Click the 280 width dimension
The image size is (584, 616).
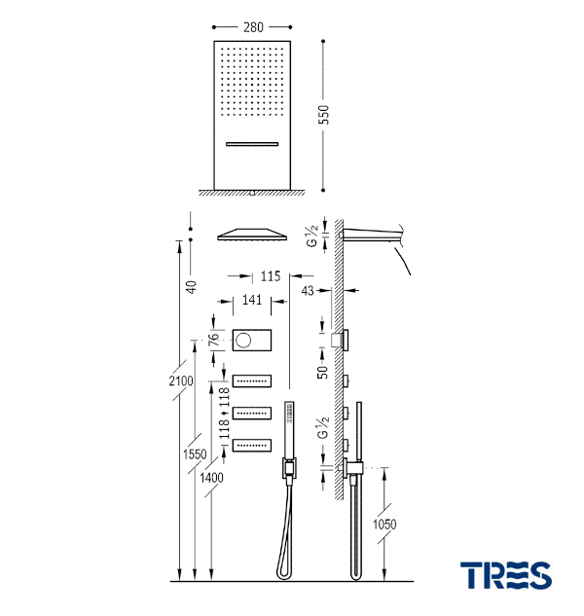coord(253,27)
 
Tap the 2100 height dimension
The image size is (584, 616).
coord(181,380)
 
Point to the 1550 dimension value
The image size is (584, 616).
coord(195,454)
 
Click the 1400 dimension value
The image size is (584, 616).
coord(211,478)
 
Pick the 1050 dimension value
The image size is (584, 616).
coord(384,525)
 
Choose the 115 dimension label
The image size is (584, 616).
coord(271,276)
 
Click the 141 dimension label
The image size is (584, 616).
coord(252,300)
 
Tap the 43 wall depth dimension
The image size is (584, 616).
coord(308,291)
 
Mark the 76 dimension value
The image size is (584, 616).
coord(213,340)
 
